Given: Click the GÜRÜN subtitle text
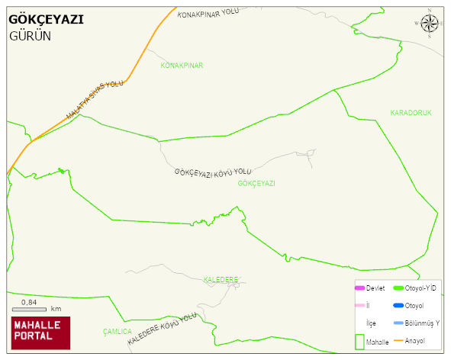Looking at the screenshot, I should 31,36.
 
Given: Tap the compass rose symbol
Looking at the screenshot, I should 430,24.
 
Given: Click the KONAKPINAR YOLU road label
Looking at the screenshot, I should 208,15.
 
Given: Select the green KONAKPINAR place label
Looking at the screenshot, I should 182,66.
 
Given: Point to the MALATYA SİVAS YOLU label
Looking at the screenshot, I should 95,100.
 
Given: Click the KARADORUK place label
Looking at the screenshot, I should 411,113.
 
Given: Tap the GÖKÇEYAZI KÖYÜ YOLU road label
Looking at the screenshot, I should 212,173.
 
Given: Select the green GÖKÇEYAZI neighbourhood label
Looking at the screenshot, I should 256,184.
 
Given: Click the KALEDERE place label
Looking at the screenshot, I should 221,279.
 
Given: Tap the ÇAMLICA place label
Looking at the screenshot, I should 117,332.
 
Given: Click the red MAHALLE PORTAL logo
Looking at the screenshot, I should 40,332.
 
